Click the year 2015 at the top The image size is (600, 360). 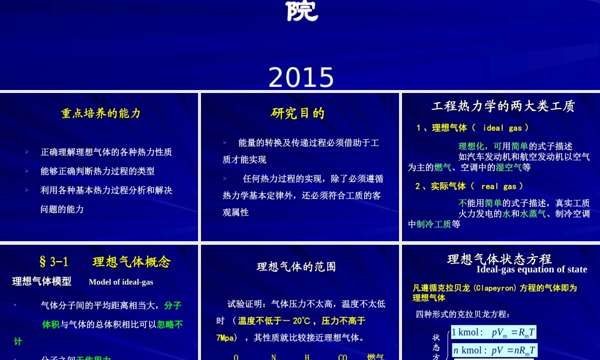pos(301,77)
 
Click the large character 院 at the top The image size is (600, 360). pos(301,11)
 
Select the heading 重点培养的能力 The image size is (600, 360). pos(101,113)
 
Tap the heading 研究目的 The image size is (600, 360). pos(298,113)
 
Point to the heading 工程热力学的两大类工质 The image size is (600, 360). pos(503,106)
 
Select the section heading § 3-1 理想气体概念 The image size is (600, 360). pos(104,262)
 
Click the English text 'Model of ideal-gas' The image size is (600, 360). pos(121,282)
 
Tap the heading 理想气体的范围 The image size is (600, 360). pos(296,266)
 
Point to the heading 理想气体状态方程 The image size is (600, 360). pos(499,259)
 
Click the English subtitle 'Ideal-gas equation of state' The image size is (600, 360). pos(532,269)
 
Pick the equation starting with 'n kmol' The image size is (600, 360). pos(494,350)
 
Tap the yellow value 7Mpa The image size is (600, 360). pos(227,338)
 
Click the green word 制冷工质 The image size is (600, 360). pos(434,224)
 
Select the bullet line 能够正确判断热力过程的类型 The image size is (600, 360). pos(97,171)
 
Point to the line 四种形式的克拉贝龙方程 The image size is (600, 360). pos(462,314)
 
